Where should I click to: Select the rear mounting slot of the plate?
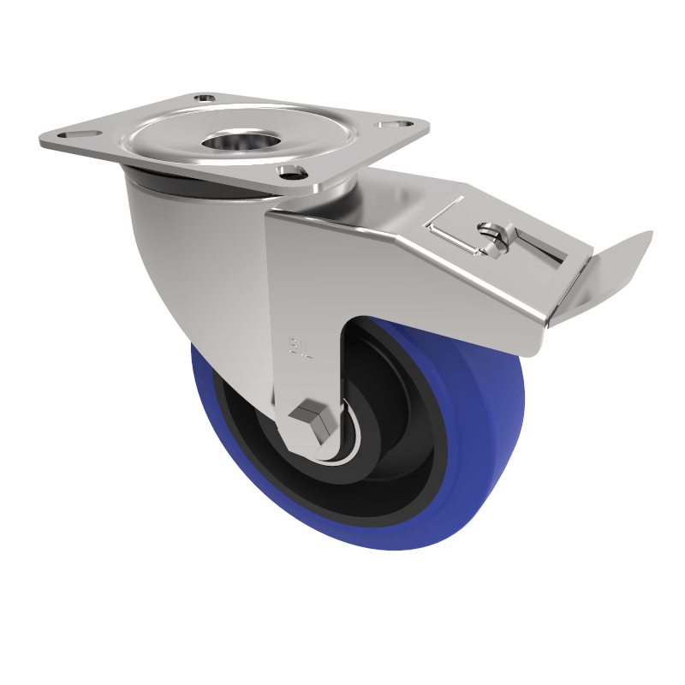pyautogui.click(x=205, y=98)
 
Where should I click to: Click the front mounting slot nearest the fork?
pyautogui.click(x=292, y=171)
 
